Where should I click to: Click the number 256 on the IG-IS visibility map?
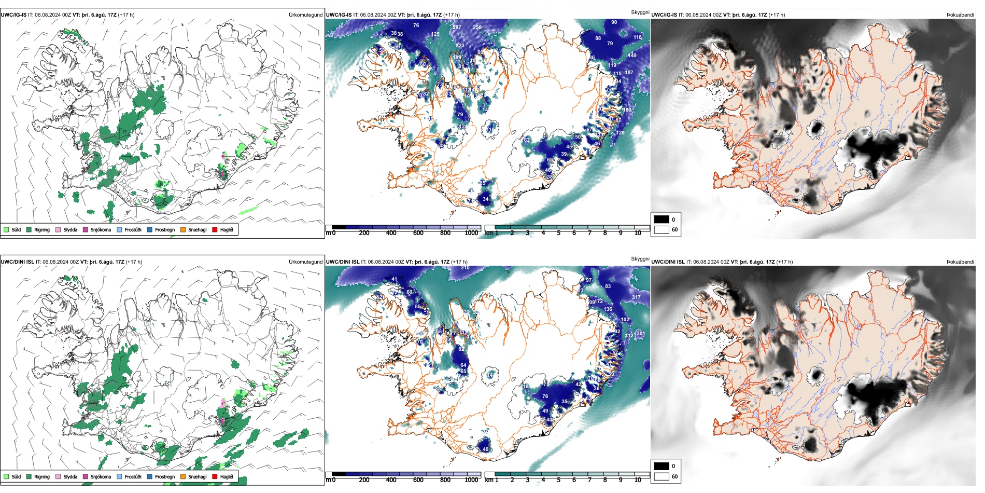(477, 28)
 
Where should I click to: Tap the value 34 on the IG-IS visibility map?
(485, 199)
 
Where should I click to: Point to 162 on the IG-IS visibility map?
(526, 140)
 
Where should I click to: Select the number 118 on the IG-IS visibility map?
(637, 37)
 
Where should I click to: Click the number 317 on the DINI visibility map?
(636, 297)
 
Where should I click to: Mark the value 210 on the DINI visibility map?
(465, 268)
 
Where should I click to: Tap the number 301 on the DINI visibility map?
(640, 334)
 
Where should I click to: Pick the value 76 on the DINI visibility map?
(545, 396)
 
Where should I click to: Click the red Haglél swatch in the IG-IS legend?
(215, 229)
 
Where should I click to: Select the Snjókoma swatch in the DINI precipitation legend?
(86, 476)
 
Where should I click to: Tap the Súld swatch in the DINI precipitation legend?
(6, 476)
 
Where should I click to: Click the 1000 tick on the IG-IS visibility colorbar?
(471, 233)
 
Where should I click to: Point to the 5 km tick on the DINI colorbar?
(558, 480)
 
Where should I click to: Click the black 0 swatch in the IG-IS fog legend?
(661, 220)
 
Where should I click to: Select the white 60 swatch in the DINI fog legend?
(661, 476)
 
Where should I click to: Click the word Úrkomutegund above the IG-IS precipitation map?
(305, 15)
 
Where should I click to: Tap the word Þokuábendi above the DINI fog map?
(960, 262)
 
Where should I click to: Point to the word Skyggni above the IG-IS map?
(640, 12)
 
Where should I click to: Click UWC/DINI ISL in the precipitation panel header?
(17, 262)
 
